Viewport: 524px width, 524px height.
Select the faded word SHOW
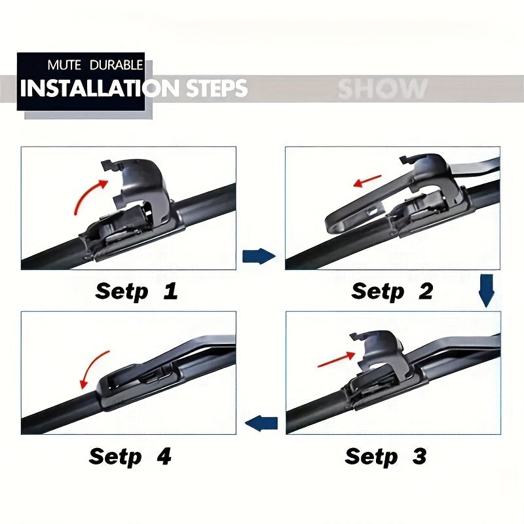coord(383,88)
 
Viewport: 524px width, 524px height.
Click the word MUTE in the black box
coord(64,66)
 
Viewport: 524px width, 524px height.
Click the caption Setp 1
coord(136,291)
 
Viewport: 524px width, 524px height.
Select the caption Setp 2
coord(392,291)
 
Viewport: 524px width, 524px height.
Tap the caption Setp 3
coord(386,455)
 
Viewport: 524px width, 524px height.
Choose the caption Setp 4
coord(130,455)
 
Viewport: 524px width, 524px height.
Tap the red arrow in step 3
coord(335,359)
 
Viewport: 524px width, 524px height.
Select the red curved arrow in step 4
coord(92,369)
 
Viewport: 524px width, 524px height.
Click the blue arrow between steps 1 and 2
coord(259,256)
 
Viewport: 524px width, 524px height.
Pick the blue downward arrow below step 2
coord(485,291)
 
